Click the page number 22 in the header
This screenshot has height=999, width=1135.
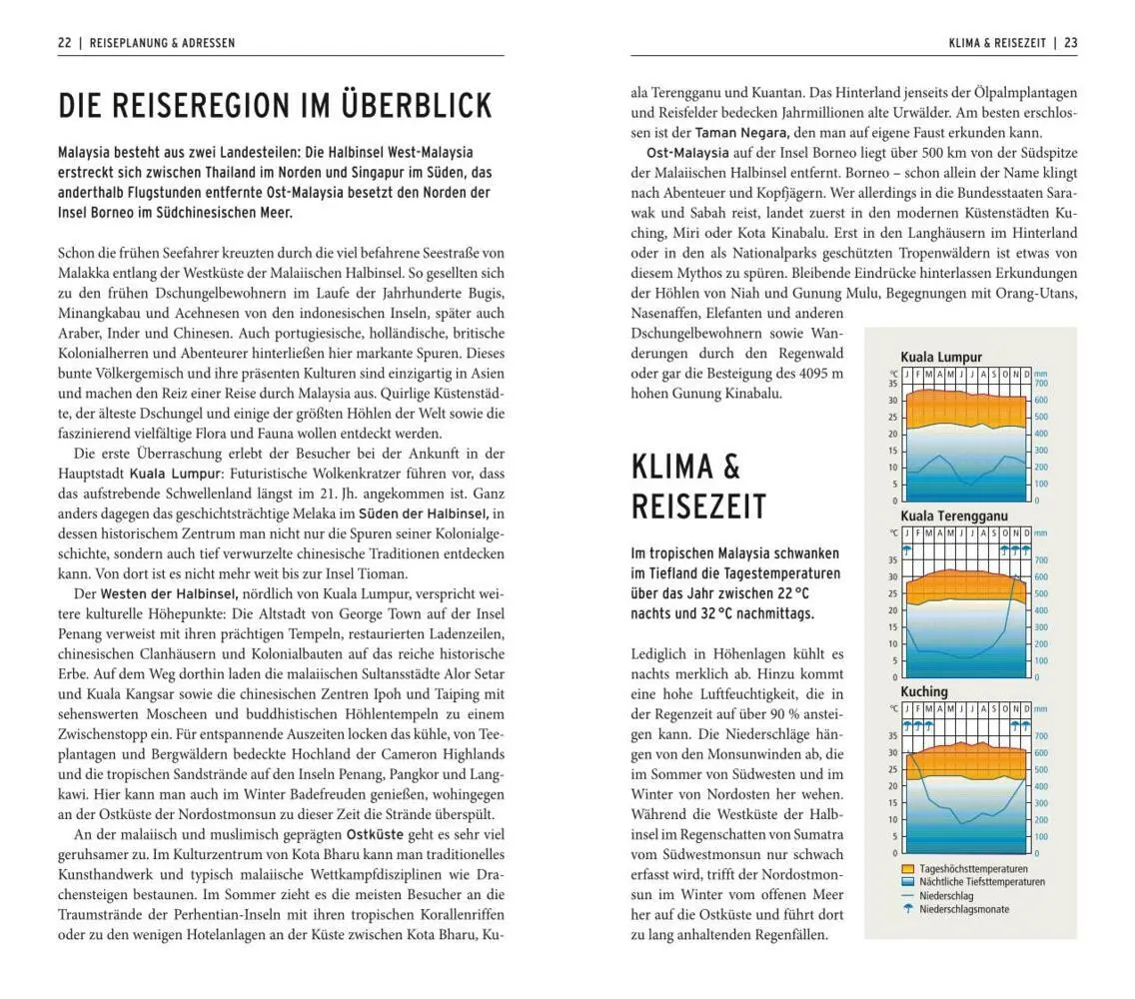point(64,43)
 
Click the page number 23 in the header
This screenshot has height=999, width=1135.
point(1070,43)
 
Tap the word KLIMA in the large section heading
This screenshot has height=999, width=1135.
point(671,467)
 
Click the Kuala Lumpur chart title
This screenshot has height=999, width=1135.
point(940,357)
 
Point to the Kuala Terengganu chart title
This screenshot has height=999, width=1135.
point(953,515)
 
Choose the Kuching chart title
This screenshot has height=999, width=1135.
point(923,691)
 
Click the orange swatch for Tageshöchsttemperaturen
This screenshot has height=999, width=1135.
point(908,869)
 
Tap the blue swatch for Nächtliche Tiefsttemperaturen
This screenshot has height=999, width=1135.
point(908,882)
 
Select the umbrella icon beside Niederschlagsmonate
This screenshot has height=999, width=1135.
point(908,909)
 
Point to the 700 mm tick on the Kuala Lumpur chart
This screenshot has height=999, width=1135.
point(1040,384)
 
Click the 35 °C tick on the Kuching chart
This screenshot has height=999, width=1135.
point(892,736)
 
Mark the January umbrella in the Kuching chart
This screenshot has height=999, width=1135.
point(907,724)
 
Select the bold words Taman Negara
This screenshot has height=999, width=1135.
point(742,132)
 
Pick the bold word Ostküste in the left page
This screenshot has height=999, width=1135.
point(375,834)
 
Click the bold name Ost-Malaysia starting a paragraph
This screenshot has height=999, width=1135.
point(687,153)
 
